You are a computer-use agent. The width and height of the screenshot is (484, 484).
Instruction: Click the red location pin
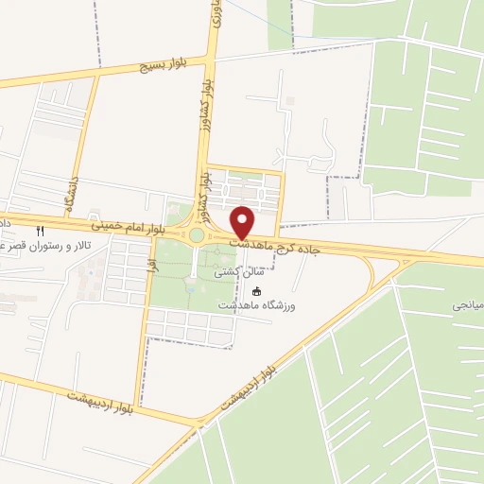pyautogui.click(x=243, y=220)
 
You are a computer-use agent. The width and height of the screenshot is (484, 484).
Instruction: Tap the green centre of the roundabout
pyautogui.click(x=197, y=235)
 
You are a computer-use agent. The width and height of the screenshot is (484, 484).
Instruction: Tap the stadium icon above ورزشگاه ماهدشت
pyautogui.click(x=256, y=291)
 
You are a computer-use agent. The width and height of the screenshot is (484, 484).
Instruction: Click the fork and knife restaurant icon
pyautogui.click(x=40, y=230)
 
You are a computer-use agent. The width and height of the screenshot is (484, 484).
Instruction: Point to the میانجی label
pyautogui.click(x=465, y=306)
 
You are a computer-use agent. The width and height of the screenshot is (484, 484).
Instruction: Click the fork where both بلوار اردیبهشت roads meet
pyautogui.click(x=199, y=421)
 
